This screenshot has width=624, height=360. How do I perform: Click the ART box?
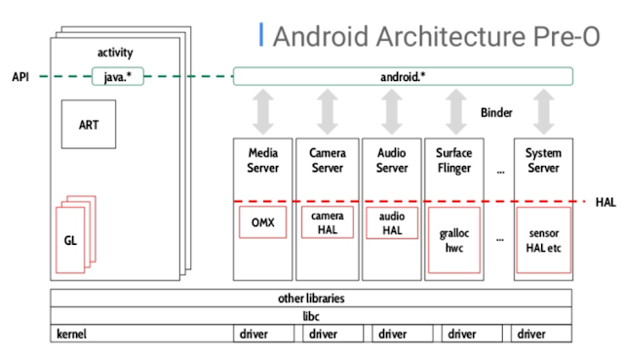pyautogui.click(x=89, y=124)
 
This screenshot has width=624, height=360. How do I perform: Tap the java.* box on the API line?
pyautogui.click(x=115, y=75)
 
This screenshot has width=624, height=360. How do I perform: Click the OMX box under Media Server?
pyautogui.click(x=263, y=222)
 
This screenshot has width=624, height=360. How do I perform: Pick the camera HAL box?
pyautogui.click(x=328, y=221)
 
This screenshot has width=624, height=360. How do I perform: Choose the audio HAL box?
pyautogui.click(x=391, y=222)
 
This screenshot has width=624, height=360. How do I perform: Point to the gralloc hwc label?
pyautogui.click(x=455, y=241)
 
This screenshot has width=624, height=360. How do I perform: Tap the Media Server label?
pyautogui.click(x=263, y=161)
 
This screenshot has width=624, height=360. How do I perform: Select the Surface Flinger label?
pyautogui.click(x=455, y=161)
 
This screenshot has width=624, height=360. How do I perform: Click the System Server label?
pyautogui.click(x=543, y=161)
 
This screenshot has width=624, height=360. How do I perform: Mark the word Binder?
pyautogui.click(x=496, y=113)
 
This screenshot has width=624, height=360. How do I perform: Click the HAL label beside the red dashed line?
pyautogui.click(x=604, y=202)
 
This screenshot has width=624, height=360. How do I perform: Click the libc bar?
pyautogui.click(x=311, y=316)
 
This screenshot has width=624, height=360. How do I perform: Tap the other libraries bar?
pyautogui.click(x=311, y=299)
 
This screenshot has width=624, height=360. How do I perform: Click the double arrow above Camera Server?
pyautogui.click(x=328, y=111)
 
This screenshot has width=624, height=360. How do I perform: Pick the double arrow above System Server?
pyautogui.click(x=543, y=111)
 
